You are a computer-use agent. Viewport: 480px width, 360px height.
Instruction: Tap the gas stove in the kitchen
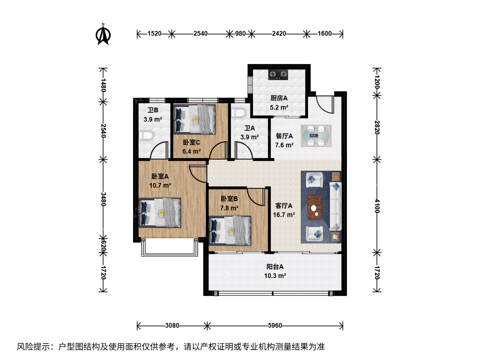click(x=278, y=75)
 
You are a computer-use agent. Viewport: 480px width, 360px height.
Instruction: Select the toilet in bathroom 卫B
click(x=146, y=135)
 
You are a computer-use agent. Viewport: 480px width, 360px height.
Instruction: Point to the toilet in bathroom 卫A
click(x=238, y=113)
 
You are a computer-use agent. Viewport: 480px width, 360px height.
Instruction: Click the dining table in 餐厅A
click(x=316, y=136)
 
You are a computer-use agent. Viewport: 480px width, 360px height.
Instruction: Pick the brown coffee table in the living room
click(x=314, y=207)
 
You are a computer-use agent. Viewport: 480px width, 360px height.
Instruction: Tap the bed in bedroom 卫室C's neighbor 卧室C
click(x=194, y=119)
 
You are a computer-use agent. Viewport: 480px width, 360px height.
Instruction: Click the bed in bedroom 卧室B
click(x=230, y=231)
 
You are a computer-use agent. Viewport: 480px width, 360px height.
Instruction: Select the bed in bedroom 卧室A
click(x=160, y=213)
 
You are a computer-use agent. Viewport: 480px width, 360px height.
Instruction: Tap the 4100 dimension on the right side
click(x=377, y=206)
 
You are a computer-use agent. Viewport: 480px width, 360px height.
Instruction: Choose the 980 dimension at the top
click(x=240, y=34)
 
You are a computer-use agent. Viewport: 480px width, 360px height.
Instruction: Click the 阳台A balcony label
click(x=275, y=267)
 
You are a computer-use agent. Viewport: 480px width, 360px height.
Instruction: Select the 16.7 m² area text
click(x=284, y=215)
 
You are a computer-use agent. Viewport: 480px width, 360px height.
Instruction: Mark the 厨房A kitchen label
click(x=279, y=98)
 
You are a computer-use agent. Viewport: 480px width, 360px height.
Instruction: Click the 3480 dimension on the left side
click(x=103, y=199)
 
